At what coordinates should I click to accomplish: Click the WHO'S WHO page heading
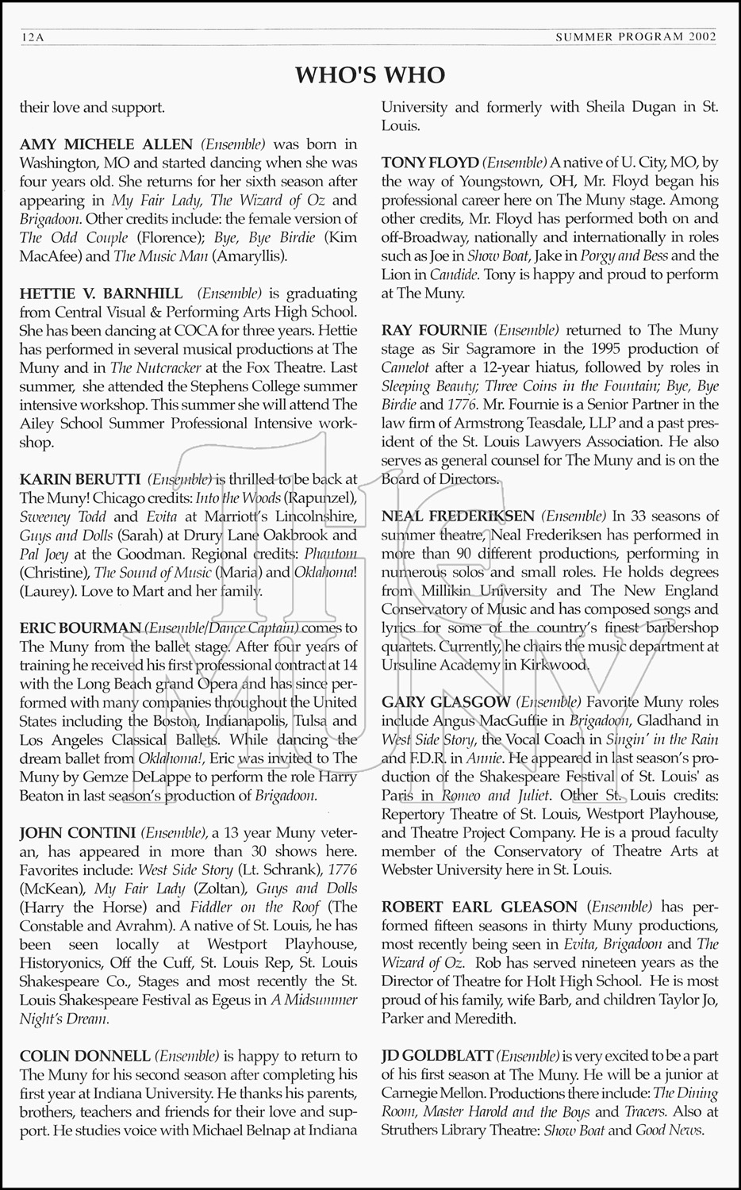tap(370, 75)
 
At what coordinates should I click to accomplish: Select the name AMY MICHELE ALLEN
tap(106, 144)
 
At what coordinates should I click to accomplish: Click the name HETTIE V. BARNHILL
tap(101, 294)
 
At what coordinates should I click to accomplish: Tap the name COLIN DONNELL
tap(85, 1056)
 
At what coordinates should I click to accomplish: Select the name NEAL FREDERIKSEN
tap(459, 516)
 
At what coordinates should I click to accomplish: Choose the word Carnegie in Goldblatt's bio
tap(416, 1093)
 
